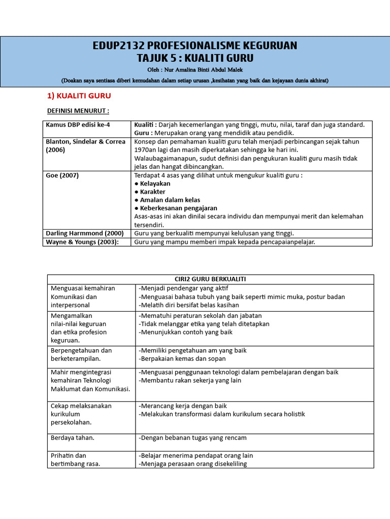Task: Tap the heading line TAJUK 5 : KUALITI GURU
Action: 195,58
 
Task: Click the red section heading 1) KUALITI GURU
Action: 79,95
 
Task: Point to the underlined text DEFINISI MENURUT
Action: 78,110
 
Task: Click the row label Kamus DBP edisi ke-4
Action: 78,125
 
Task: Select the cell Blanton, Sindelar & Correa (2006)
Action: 85,146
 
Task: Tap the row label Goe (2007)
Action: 62,175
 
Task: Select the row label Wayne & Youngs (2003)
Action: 82,242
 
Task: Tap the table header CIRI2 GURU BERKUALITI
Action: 210,279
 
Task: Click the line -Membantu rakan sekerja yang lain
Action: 189,380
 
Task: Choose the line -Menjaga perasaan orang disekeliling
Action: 192,464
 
